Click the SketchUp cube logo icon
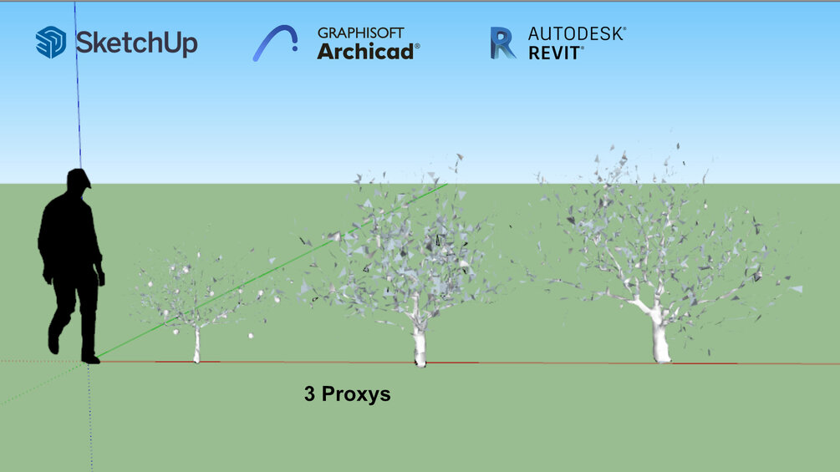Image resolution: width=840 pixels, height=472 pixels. [x=51, y=43]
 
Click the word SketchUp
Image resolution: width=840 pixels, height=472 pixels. [x=136, y=43]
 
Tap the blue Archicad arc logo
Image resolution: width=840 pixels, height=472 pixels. [x=275, y=43]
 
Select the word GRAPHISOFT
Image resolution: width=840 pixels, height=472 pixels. [x=360, y=33]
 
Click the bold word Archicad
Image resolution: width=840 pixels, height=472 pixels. [x=365, y=52]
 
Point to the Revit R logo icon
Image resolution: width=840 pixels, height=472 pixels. [x=503, y=43]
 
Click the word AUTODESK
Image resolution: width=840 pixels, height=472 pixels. [x=575, y=33]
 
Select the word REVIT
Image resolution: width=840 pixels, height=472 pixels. [x=554, y=53]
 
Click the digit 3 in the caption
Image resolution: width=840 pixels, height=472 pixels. [x=309, y=393]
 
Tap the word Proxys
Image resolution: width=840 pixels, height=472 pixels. [x=356, y=395]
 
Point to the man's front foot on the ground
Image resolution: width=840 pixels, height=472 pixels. [x=90, y=358]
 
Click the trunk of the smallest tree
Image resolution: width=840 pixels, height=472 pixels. [x=196, y=345]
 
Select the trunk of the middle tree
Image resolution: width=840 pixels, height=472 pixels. [x=420, y=343]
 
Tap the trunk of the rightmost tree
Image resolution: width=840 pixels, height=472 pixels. [x=660, y=338]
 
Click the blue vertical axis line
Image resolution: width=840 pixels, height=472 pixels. [x=78, y=85]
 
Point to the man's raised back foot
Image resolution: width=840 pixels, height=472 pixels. [x=53, y=343]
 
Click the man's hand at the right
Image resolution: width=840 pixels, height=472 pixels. [x=100, y=278]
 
